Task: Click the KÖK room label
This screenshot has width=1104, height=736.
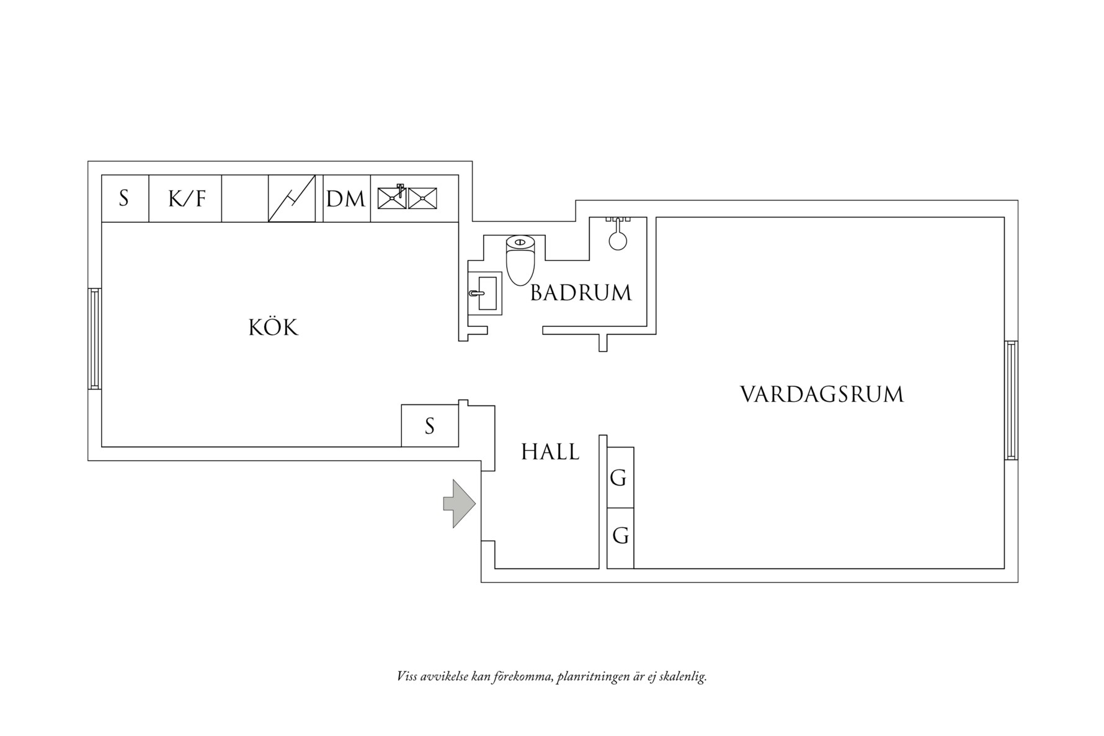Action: coord(274,327)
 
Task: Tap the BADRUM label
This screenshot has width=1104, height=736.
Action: coord(581,293)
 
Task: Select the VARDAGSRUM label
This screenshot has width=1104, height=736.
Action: coord(822,394)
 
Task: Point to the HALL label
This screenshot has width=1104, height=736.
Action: coord(550,452)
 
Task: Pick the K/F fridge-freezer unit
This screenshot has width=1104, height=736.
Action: coord(185,198)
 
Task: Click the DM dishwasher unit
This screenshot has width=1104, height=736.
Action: coord(346,198)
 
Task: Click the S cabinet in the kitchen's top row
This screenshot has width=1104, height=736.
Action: coord(125,198)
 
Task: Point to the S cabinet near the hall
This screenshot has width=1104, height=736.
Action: coord(430,425)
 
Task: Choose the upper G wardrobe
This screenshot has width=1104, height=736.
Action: coord(620,477)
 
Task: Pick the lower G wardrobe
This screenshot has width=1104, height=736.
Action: coord(620,538)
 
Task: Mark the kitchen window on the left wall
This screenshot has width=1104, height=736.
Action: coord(94,339)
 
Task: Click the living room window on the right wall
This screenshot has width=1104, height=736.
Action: coord(1011,400)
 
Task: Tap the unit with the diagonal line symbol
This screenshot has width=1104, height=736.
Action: coord(292,198)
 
